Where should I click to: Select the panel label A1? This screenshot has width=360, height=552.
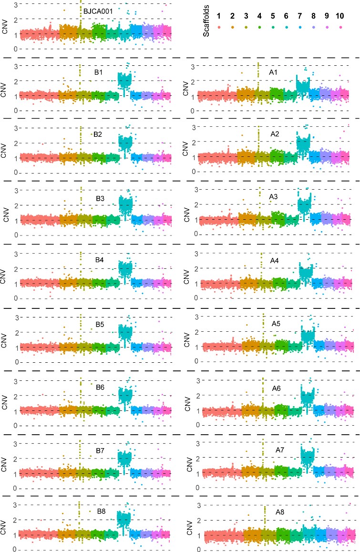[274, 72]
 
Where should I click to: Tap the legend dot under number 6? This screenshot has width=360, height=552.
[286, 28]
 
